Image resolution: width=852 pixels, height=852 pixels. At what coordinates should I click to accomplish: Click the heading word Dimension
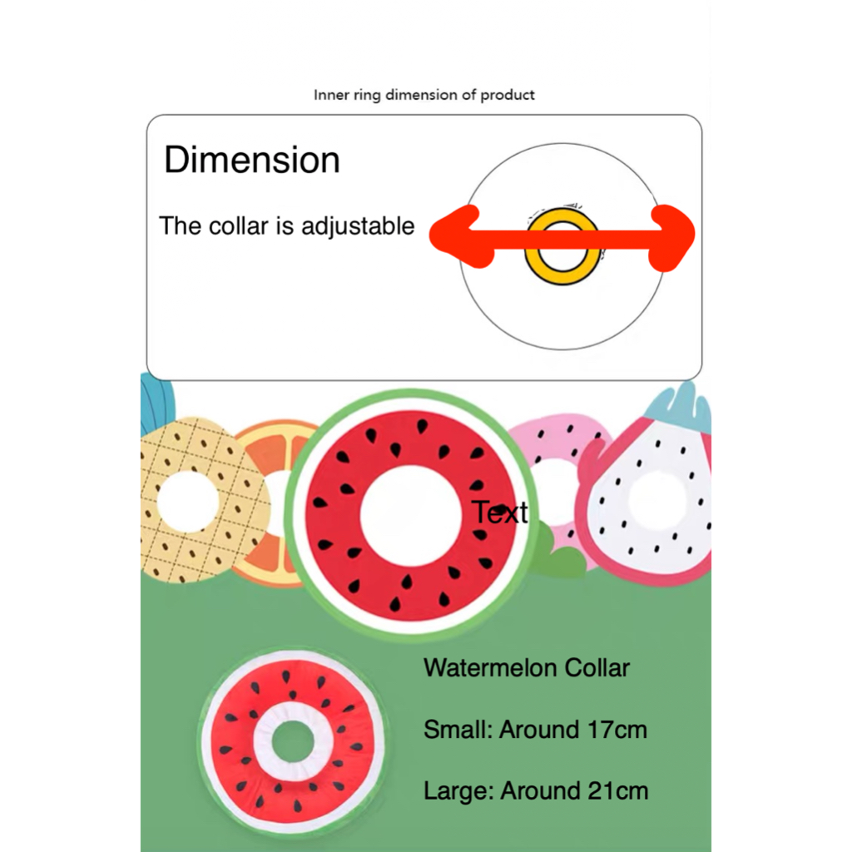click(x=252, y=160)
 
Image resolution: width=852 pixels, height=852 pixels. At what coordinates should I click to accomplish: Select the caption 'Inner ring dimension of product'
click(x=424, y=95)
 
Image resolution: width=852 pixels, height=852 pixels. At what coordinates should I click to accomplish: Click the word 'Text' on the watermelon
click(x=499, y=513)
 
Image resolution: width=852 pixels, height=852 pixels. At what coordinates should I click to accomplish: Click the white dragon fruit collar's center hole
click(x=657, y=499)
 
